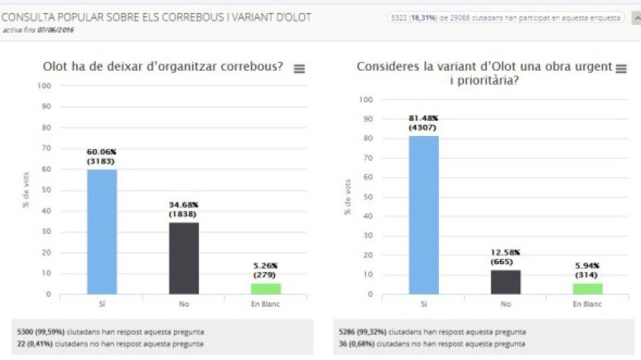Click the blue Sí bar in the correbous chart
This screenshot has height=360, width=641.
point(102,232)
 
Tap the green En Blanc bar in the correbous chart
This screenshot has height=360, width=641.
point(265,289)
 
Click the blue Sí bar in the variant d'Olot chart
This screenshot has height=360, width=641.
point(424,215)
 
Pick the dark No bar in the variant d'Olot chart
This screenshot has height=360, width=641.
point(505,281)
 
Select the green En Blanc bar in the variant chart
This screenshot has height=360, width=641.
point(587,289)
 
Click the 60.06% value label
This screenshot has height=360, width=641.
point(102,151)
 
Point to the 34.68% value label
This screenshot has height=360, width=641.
point(183,204)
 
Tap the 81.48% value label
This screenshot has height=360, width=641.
point(424,118)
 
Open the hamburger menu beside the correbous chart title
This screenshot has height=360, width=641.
point(299,68)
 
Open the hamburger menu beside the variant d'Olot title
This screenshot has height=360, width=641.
point(621,68)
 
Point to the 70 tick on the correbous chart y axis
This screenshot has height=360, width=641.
point(46,148)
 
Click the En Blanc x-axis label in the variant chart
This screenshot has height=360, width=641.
point(587,304)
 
